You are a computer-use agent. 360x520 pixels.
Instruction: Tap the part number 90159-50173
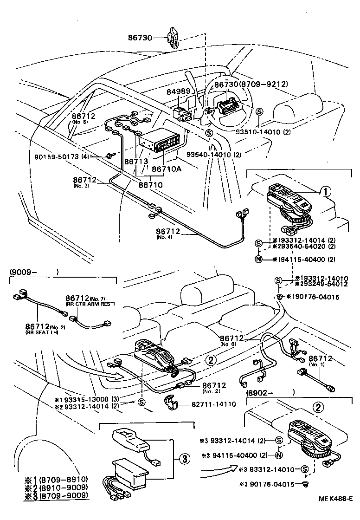(54, 156)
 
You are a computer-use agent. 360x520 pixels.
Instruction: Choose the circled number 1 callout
(325, 191)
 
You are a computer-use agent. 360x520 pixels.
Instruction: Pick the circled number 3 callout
(184, 459)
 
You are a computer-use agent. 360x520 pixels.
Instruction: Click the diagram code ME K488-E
(335, 512)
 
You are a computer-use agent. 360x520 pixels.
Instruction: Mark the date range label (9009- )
(34, 273)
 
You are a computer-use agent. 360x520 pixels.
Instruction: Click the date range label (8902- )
(270, 392)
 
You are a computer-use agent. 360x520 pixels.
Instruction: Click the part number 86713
(135, 161)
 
